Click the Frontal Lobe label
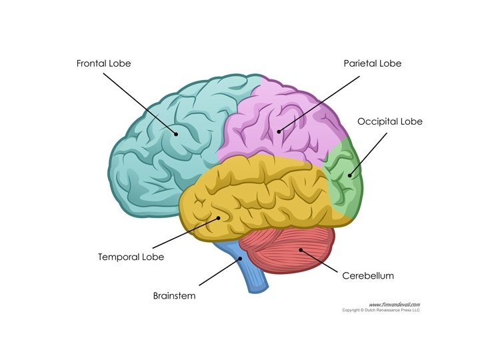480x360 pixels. coord(104,64)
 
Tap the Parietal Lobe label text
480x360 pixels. coord(373,64)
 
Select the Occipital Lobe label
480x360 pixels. coord(390,122)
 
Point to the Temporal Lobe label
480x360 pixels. coord(131,257)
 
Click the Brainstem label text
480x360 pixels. coord(174,295)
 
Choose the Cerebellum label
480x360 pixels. coord(368,275)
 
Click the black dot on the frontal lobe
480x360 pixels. coord(177,133)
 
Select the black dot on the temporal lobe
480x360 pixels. coord(217,217)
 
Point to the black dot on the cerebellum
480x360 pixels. coord(301,251)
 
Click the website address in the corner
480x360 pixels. coord(395,303)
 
